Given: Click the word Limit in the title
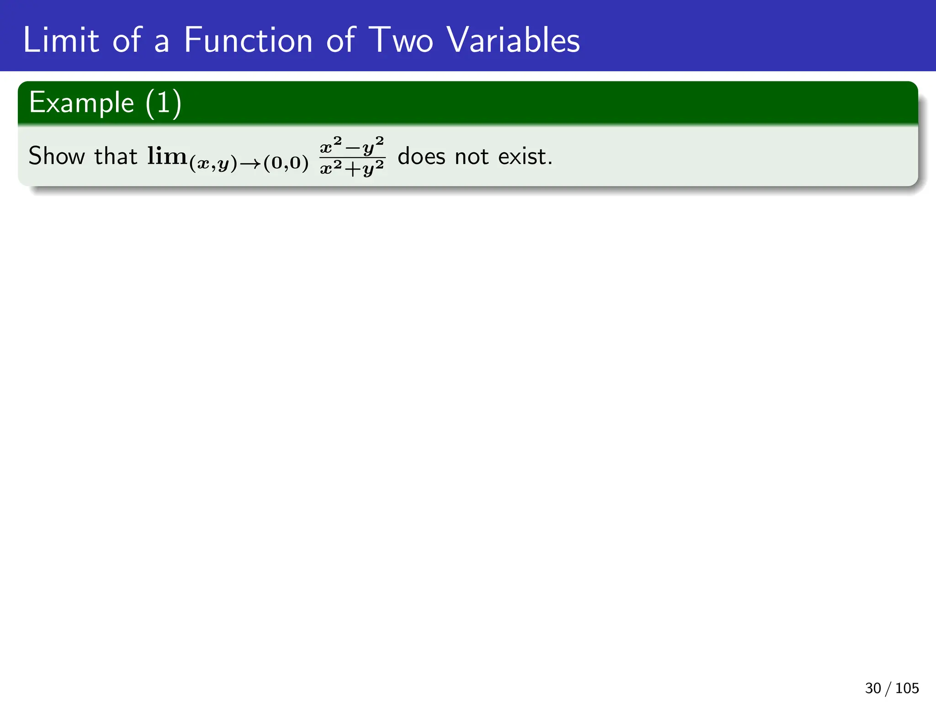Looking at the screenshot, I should tap(60, 40).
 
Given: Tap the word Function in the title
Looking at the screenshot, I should tap(248, 40).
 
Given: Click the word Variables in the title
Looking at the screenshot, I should tap(513, 40).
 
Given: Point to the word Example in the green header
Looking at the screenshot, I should tap(81, 103).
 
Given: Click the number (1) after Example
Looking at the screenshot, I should tap(164, 103).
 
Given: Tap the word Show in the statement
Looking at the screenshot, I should tap(57, 156).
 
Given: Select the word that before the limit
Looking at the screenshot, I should tap(115, 156).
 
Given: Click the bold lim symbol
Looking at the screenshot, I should tap(167, 156).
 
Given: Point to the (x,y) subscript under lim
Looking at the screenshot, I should tap(213, 163).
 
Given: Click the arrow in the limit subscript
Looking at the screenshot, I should tap(250, 164).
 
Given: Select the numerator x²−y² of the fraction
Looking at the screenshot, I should tap(352, 146).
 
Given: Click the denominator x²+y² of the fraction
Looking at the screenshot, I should tap(352, 169).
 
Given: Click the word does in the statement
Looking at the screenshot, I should tap(421, 156).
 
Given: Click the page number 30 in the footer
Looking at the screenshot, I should tap(873, 688).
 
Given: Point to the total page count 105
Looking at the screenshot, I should tap(907, 688).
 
